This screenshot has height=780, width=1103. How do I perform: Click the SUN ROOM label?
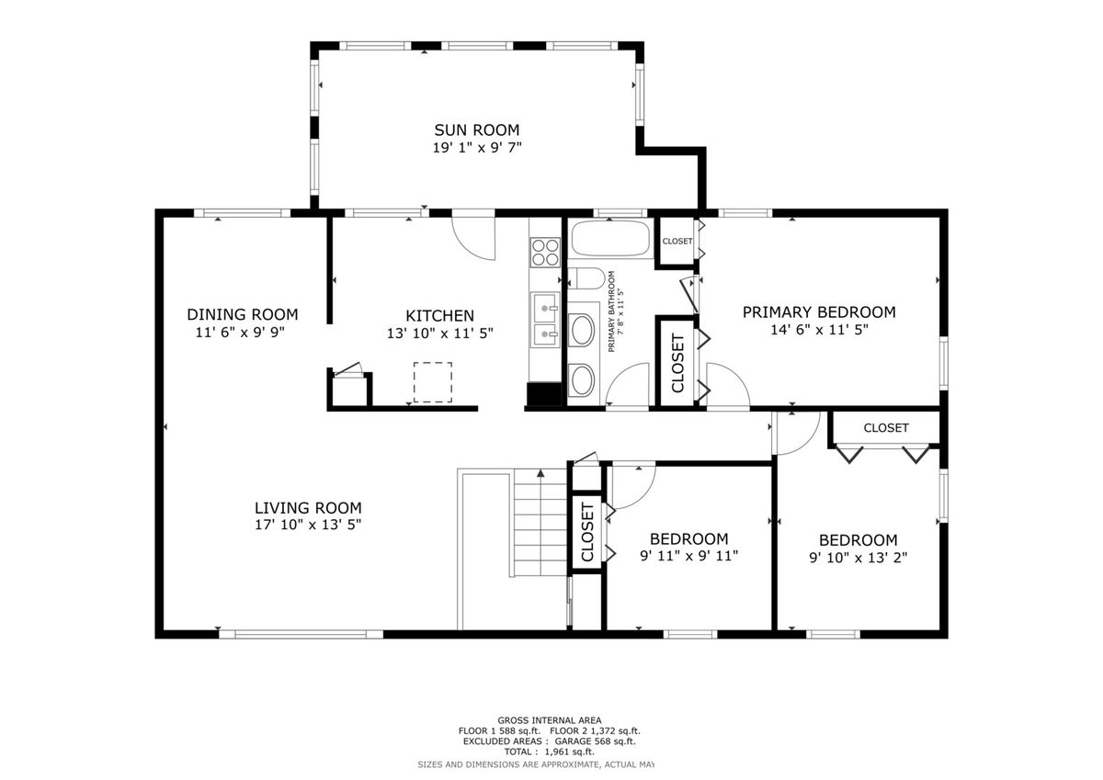pos(477,130)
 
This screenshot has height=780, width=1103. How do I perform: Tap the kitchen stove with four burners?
pos(545,252)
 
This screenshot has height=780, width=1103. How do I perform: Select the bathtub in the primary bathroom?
pos(610,238)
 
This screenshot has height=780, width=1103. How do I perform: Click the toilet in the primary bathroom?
pos(586,279)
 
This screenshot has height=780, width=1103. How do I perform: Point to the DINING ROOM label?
pos(243,314)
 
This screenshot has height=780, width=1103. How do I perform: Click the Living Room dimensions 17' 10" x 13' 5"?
pos(308,525)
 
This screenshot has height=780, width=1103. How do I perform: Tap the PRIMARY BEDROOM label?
pos(819,312)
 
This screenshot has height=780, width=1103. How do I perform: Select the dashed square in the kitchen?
pos(433,382)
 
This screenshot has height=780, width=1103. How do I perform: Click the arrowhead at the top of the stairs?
pos(540,473)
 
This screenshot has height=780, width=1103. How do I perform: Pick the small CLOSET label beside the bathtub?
pos(677,241)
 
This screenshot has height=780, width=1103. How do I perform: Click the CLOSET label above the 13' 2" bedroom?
pos(886,427)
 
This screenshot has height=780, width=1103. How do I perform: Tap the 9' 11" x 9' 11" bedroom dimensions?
pos(688,556)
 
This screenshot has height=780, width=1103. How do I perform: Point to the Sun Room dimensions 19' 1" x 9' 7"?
pos(477,148)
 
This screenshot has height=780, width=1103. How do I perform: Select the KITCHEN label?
pos(439,315)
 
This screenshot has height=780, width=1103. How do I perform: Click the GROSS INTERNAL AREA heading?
pos(549,720)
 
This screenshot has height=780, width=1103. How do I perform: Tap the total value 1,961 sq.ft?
pos(569,752)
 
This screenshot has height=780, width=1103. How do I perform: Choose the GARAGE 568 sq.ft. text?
pos(595,741)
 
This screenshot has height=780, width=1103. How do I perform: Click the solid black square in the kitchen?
pos(544,394)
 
